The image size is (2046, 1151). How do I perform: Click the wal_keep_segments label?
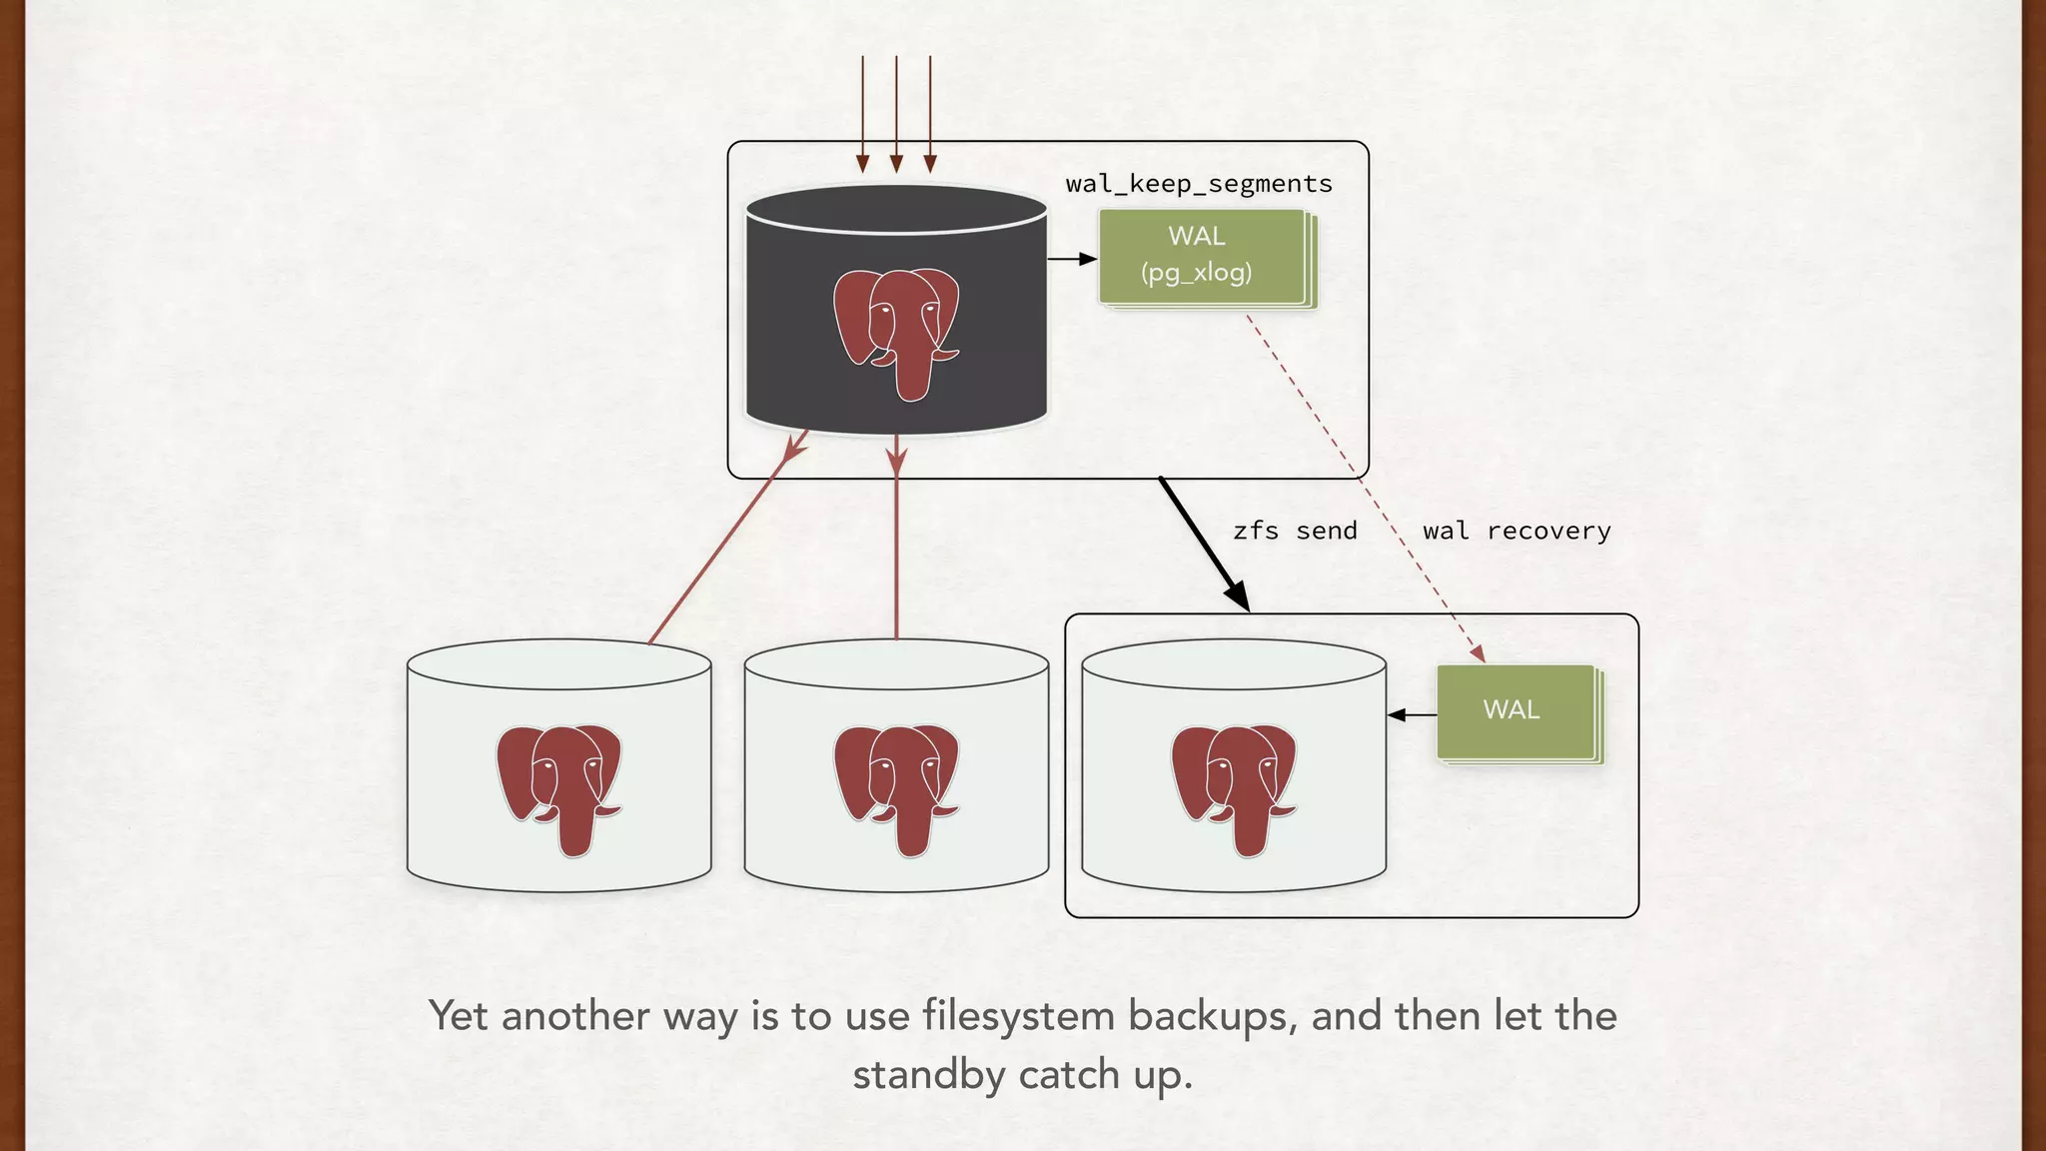click(x=1199, y=184)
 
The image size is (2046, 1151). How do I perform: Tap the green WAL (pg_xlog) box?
click(x=1201, y=256)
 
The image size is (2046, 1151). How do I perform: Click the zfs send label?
click(x=1295, y=531)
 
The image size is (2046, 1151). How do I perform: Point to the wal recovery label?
click(x=1517, y=531)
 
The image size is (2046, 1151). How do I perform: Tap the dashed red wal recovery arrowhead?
click(x=1479, y=653)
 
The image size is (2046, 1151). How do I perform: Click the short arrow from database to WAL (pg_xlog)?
click(x=1073, y=259)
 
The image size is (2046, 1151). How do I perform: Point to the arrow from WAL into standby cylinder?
click(x=1411, y=714)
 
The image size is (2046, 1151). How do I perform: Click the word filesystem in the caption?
click(x=1019, y=1016)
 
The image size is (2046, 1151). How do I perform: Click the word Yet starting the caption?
click(x=459, y=1016)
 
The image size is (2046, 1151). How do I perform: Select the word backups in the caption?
click(x=1212, y=1016)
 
